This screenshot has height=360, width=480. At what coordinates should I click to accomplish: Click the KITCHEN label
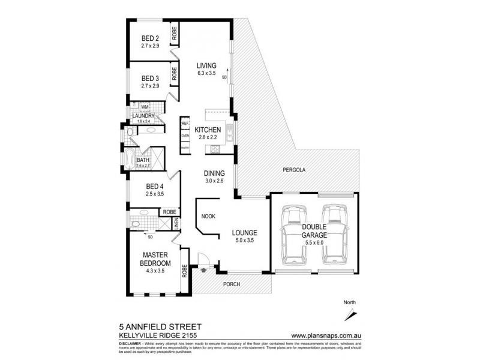click(x=208, y=130)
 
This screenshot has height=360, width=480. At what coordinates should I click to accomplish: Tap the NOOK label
click(x=208, y=216)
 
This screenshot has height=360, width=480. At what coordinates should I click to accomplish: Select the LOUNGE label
click(x=245, y=233)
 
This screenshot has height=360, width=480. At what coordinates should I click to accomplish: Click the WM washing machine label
click(x=144, y=107)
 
